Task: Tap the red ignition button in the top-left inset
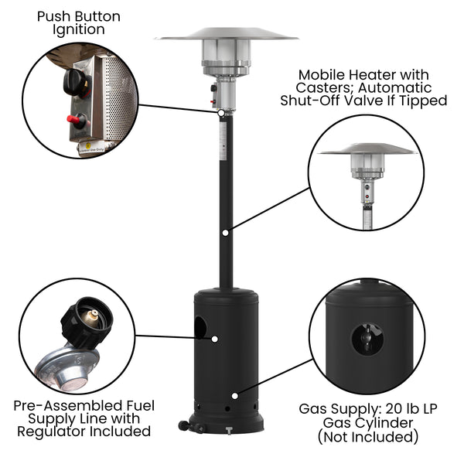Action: coord(77,120)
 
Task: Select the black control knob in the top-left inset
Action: coord(77,80)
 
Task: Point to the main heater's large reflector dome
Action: coord(226,34)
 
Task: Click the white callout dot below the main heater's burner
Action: coord(222,113)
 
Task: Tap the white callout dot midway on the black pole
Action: coord(225,231)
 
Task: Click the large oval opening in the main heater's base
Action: coord(200,328)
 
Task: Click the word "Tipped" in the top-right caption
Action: coord(426,101)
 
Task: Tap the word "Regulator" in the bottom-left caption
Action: coord(51,432)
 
